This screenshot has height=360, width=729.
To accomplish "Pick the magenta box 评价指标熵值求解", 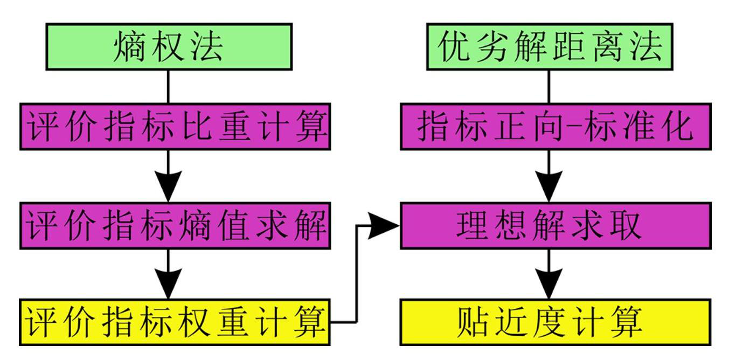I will (x=175, y=226).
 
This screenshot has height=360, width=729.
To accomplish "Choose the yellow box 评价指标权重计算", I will (x=175, y=322).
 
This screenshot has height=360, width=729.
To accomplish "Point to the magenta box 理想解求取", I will (x=555, y=226).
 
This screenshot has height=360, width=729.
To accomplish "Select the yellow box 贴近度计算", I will (x=555, y=322).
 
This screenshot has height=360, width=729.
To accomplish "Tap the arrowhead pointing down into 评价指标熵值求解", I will (x=168, y=186).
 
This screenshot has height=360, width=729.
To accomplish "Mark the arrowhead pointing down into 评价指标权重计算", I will (x=168, y=283).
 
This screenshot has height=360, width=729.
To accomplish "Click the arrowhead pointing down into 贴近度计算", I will (x=549, y=283).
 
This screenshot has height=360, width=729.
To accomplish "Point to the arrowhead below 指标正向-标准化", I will (x=549, y=186).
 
